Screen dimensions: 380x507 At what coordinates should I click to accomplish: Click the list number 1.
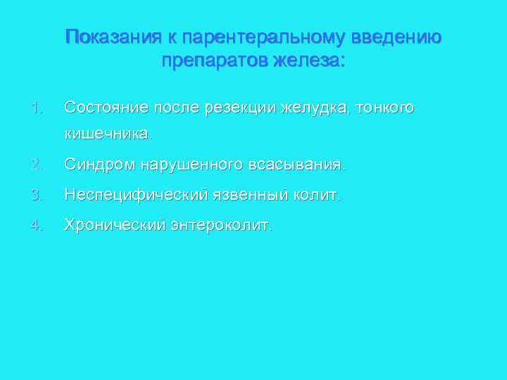click(x=37, y=108)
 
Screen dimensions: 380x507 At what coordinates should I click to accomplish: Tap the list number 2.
click(x=37, y=165)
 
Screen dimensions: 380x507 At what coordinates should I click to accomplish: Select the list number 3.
click(x=37, y=194)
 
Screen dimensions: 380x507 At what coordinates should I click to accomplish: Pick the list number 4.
click(x=37, y=224)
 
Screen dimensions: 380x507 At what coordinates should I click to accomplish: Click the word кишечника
click(x=106, y=133)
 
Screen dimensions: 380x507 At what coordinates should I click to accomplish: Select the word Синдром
click(x=99, y=165)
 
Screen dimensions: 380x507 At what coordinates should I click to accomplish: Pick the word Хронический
click(x=115, y=224)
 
